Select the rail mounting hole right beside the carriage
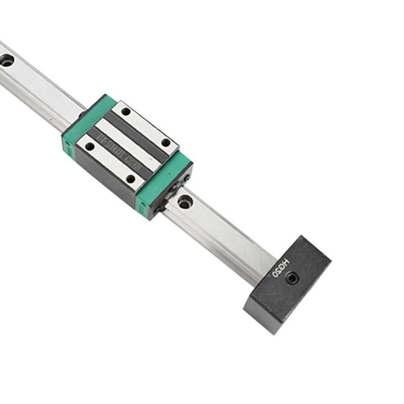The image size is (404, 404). (x=185, y=202)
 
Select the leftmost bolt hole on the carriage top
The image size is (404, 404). (x=90, y=146)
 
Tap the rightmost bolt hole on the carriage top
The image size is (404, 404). (x=166, y=142)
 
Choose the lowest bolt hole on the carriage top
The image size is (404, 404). (x=130, y=178)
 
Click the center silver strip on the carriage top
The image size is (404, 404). (x=126, y=144)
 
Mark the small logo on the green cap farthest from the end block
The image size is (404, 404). (x=65, y=146)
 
